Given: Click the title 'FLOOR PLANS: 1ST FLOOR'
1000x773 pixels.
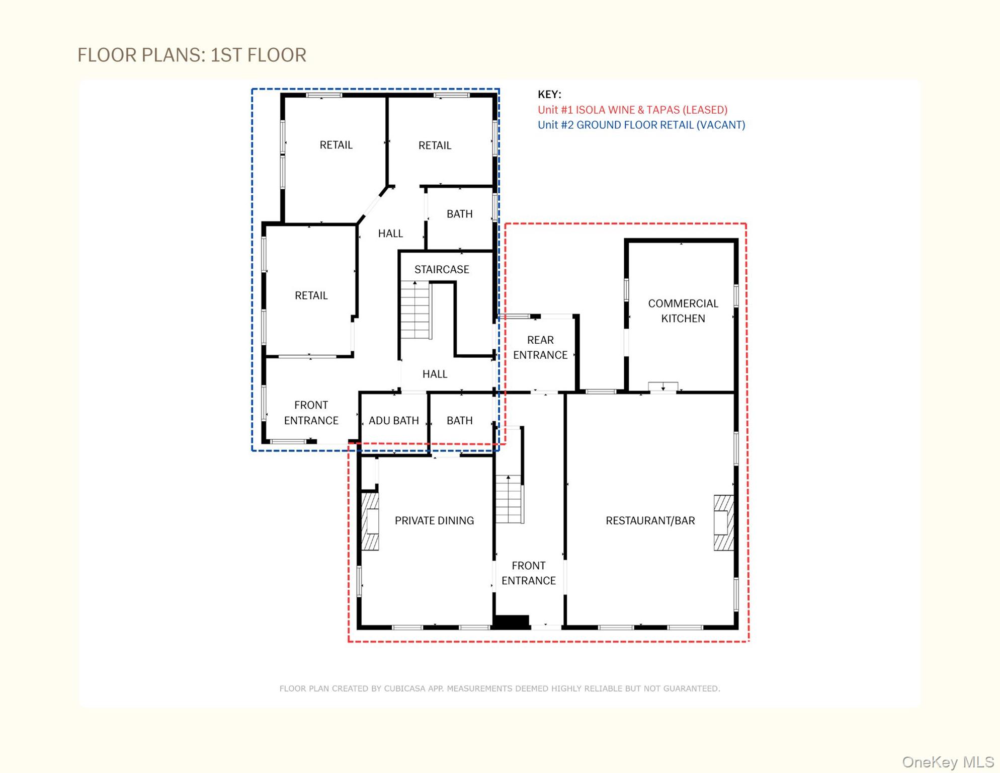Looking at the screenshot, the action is tap(192, 55).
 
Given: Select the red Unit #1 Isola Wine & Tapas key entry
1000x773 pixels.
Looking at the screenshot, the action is tap(632, 110).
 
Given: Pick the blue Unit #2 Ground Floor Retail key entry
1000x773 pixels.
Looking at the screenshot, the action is tap(641, 125).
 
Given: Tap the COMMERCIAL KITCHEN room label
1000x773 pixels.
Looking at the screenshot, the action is tap(683, 311).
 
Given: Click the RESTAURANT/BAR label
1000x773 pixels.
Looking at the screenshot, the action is tap(650, 520).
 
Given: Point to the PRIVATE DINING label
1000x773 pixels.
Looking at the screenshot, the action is tap(434, 520).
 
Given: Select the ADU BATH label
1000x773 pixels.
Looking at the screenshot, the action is tap(393, 420).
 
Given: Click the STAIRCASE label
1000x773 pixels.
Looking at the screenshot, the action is tap(442, 269).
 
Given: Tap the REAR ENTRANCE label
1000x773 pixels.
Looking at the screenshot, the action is tap(540, 347).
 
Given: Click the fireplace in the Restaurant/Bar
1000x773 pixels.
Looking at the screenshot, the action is tap(724, 523).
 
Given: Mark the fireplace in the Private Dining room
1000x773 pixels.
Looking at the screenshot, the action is tap(371, 521).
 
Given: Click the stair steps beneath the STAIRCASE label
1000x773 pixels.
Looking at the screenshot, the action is tap(415, 310).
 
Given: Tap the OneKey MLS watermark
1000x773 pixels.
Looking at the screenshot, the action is tap(948, 762).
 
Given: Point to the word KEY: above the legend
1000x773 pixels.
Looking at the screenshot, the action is tap(549, 94).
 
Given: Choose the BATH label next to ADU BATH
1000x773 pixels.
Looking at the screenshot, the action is tap(459, 420).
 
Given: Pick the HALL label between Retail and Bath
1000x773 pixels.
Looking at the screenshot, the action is tap(390, 234).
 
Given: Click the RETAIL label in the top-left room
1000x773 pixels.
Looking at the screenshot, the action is tap(336, 145).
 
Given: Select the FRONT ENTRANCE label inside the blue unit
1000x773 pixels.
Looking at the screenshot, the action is tap(311, 413).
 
